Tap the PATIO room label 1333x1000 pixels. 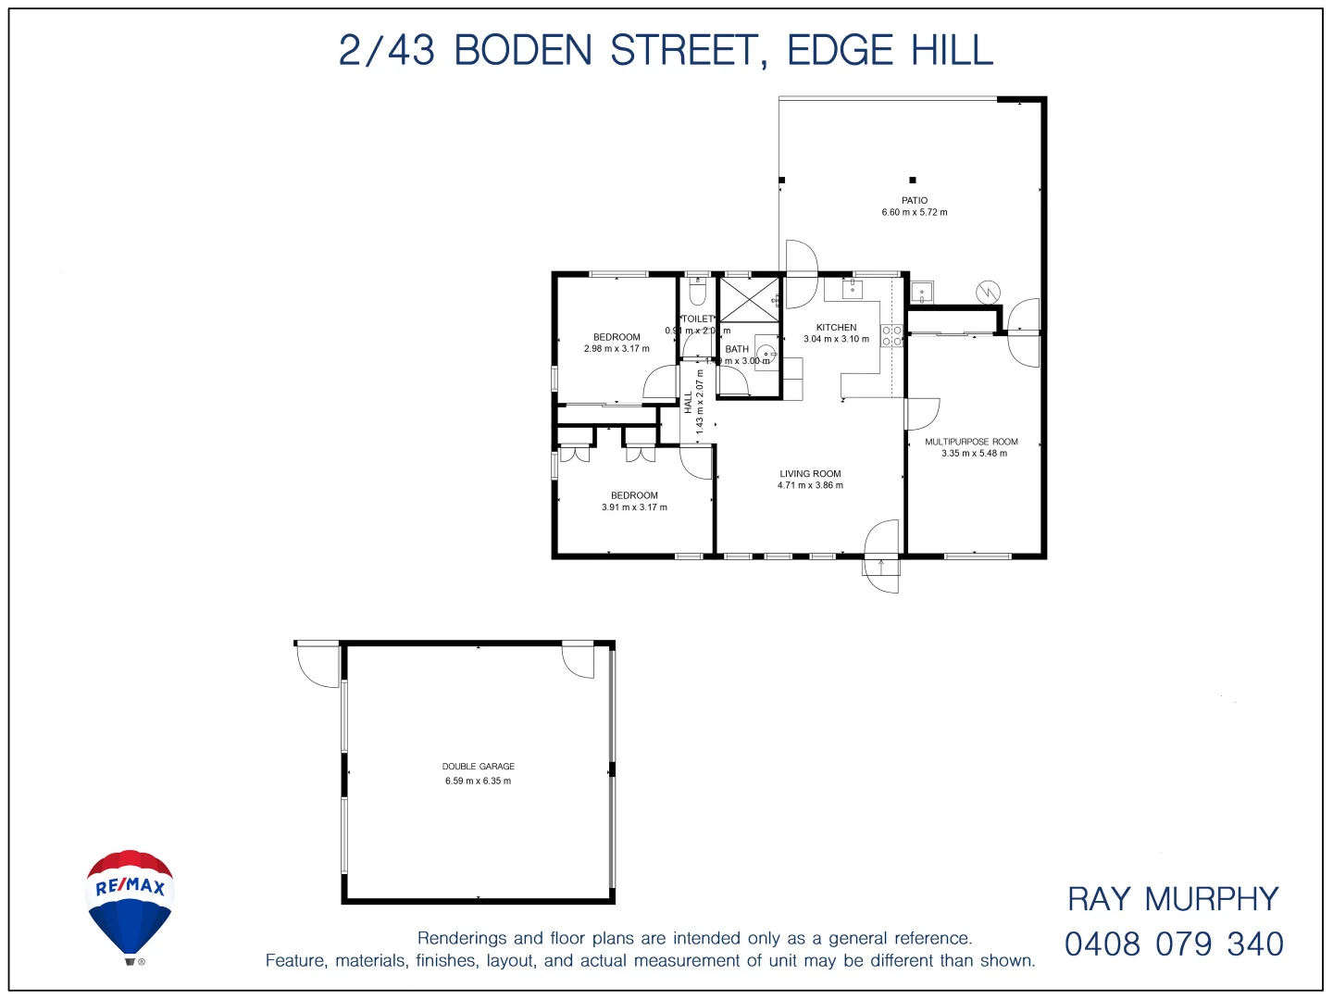tap(915, 200)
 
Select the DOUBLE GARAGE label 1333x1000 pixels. tap(478, 767)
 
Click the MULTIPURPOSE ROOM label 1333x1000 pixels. tap(971, 442)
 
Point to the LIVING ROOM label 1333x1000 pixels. tap(810, 473)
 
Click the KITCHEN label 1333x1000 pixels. tap(836, 327)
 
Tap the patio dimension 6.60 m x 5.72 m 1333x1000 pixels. tap(915, 213)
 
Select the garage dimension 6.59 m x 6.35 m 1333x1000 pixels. tap(478, 781)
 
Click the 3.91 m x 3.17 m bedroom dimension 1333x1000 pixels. tap(634, 507)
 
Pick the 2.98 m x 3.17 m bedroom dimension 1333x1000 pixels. tap(617, 349)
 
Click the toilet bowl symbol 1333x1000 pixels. tap(698, 293)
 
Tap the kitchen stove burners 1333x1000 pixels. tap(891, 336)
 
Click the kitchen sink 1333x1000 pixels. tap(853, 289)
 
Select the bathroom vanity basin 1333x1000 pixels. tap(766, 353)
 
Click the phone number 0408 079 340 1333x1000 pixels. tap(1174, 944)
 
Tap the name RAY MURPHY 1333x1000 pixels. tap(1173, 899)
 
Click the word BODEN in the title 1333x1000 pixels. tap(523, 50)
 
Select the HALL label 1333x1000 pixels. tap(689, 402)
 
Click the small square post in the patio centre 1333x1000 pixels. tap(913, 180)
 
